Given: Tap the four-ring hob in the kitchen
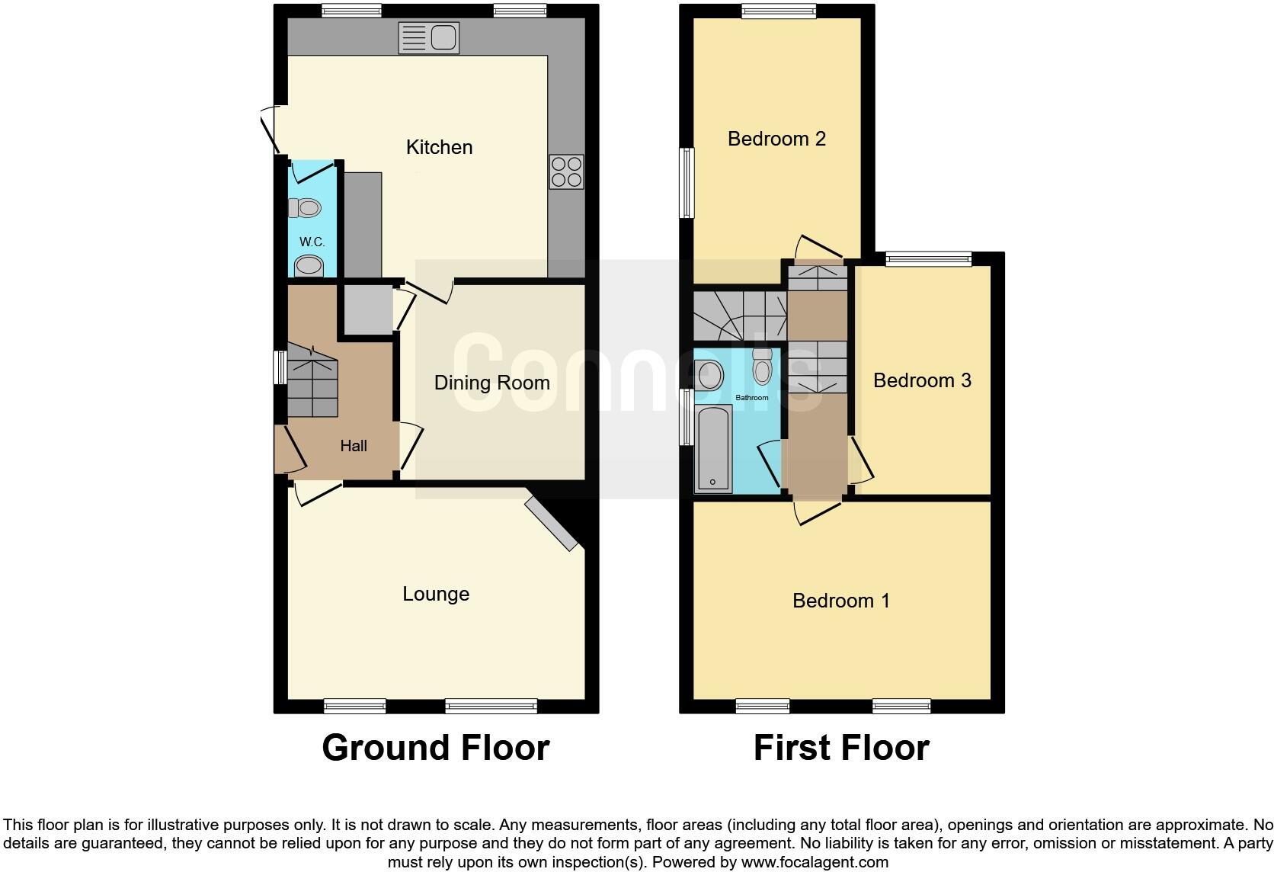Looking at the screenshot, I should tap(566, 172).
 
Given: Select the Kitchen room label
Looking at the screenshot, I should tap(439, 147).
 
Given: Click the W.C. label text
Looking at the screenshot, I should tap(312, 242).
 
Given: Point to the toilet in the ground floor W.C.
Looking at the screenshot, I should tap(305, 207).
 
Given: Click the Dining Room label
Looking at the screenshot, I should tap(491, 383).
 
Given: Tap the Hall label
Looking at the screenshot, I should tap(353, 446).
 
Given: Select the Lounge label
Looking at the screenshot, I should tap(436, 594).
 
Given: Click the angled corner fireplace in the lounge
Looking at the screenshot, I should tap(552, 524).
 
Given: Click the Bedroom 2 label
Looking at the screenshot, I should tap(776, 139).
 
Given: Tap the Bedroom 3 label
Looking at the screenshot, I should tap(922, 380).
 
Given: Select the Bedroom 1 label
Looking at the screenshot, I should tap(840, 601).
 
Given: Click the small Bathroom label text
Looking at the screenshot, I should tap(751, 398).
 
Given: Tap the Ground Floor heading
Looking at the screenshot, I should tap(435, 748).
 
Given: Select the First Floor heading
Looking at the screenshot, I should tap(841, 748).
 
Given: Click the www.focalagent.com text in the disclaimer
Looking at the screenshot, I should tap(815, 863).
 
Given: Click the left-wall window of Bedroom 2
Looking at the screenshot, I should tap(687, 183).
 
